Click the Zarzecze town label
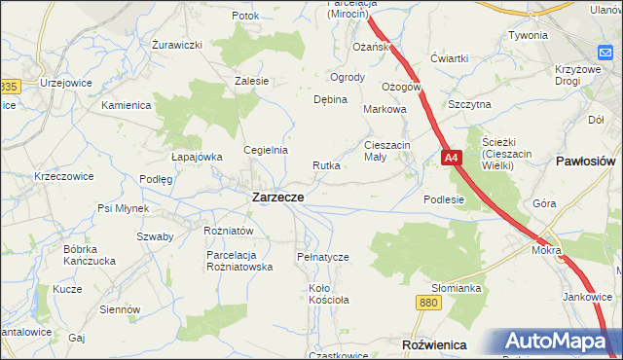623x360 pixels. point(276,197)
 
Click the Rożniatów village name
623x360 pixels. point(229,231)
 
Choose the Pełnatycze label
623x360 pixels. point(322,256)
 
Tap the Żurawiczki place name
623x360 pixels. point(177,45)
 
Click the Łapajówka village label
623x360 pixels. point(197,156)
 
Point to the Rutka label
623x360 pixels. point(326,165)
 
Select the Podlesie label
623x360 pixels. point(444,198)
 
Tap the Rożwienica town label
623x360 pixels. point(434,345)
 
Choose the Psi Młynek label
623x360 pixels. point(123,208)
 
